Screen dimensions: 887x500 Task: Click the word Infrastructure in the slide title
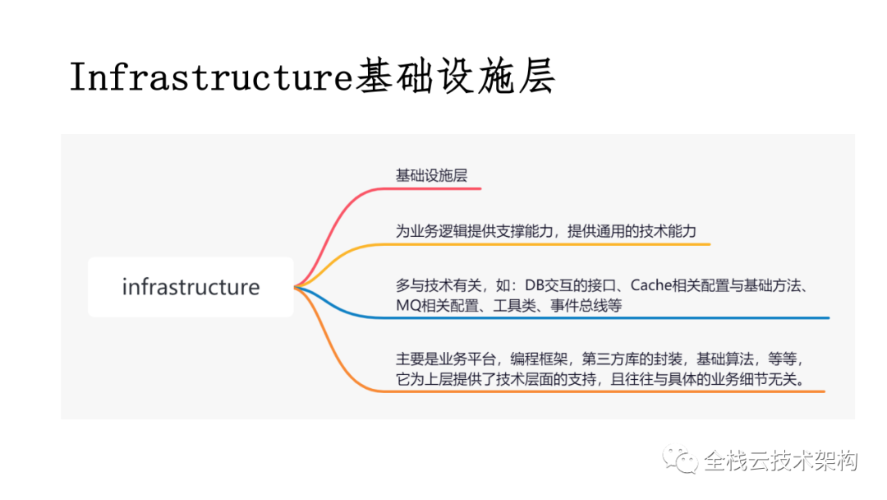click(x=211, y=77)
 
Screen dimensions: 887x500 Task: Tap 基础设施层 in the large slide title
click(x=455, y=76)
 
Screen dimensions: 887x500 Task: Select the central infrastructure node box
click(x=191, y=287)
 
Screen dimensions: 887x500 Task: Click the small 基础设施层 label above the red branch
click(x=432, y=175)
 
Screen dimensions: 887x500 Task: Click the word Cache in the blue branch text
click(x=650, y=285)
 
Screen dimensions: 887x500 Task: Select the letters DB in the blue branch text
click(x=534, y=285)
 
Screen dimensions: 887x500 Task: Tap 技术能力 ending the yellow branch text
click(x=668, y=231)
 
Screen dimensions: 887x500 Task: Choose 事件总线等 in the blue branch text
click(x=586, y=306)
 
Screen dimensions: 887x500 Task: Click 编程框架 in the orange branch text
click(x=539, y=359)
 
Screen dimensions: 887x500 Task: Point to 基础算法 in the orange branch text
click(x=725, y=359)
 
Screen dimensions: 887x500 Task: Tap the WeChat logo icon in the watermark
click(x=680, y=459)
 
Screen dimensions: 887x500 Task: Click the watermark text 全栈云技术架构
click(x=781, y=461)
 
